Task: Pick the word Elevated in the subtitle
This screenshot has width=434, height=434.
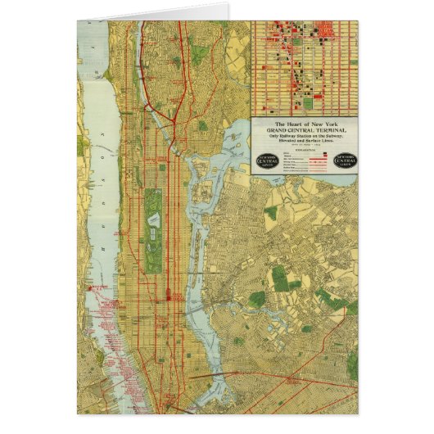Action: click(286, 142)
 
